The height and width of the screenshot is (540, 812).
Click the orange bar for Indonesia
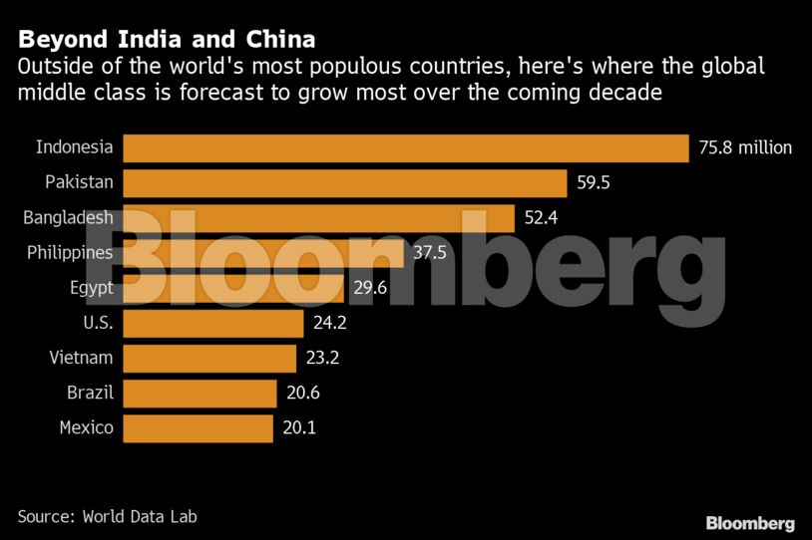coord(405,148)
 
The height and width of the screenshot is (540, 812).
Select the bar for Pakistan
coord(344,183)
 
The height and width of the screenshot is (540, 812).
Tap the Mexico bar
coord(198,428)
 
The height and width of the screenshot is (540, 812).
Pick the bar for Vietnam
coord(209,359)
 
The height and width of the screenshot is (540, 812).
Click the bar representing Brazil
coord(200,394)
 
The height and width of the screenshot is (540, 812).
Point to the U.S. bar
coord(212,324)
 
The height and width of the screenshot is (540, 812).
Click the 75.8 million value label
coord(745,148)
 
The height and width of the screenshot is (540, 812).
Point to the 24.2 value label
coord(328,324)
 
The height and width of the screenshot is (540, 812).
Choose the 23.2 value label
coord(321,359)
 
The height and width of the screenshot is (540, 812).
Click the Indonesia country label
coord(74,148)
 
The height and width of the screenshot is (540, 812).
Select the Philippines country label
coord(70,253)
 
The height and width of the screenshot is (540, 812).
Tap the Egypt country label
coord(91,288)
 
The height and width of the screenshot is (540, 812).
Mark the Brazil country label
coord(90,394)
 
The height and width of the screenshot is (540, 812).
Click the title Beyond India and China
coord(167,41)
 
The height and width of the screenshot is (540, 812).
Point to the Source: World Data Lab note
coord(114,516)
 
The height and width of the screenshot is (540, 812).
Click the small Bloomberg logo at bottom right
coord(750,523)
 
